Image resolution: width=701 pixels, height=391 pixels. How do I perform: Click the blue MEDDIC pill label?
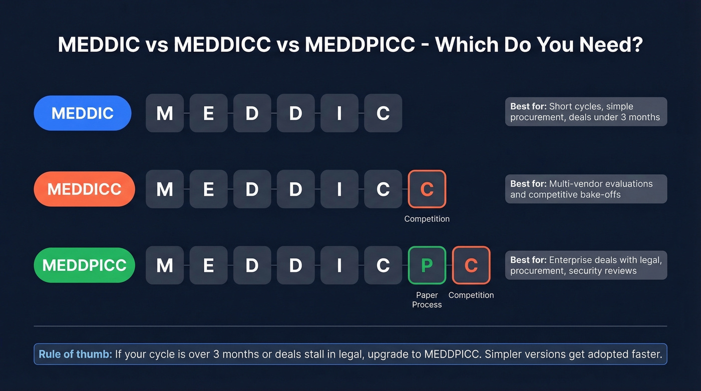click(x=83, y=113)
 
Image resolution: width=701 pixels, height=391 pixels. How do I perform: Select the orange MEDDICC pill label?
click(x=84, y=189)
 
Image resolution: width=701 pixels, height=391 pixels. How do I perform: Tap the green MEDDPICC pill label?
click(x=84, y=265)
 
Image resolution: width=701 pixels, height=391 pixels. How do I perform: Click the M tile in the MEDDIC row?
click(x=165, y=113)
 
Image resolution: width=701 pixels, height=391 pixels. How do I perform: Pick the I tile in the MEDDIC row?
click(x=339, y=113)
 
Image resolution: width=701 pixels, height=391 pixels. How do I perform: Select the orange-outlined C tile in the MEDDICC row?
click(x=427, y=189)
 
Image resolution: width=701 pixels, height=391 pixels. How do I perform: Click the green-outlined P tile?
click(x=427, y=265)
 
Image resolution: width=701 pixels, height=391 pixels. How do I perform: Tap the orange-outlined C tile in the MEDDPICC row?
click(x=471, y=265)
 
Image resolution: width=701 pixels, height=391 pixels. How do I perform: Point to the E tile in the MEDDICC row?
click(x=208, y=189)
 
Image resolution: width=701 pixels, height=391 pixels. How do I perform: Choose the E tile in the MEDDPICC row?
click(x=208, y=265)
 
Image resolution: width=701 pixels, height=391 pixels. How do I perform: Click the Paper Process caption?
click(x=427, y=300)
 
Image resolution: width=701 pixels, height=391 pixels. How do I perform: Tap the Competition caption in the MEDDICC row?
click(x=427, y=219)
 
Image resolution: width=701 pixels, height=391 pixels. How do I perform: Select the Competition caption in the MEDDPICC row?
click(x=471, y=295)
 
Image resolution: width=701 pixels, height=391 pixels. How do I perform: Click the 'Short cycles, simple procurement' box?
click(x=586, y=112)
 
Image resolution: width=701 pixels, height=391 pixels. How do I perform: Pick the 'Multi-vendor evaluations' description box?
click(x=586, y=189)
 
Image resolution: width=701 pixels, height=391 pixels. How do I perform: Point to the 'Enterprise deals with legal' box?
click(x=586, y=265)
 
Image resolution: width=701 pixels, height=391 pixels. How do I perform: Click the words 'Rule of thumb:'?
click(x=76, y=354)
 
